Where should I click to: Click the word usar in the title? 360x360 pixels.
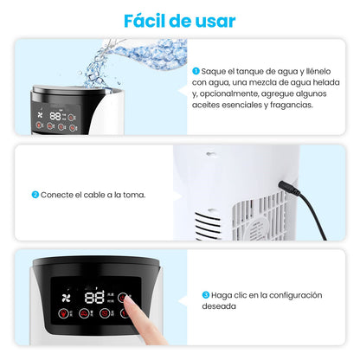click(213, 20)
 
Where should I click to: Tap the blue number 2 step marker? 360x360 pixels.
click(35, 194)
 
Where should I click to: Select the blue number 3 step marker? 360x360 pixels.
click(206, 295)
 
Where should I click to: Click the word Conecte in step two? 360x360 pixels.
click(57, 194)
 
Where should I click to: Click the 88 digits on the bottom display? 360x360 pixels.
click(94, 297)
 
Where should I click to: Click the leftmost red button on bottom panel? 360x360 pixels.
click(60, 314)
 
